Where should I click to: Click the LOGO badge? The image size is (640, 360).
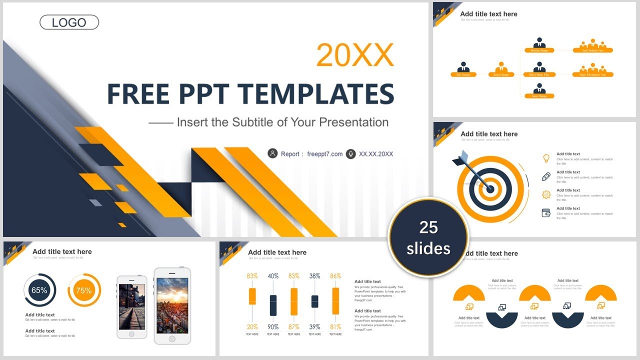click(x=69, y=22)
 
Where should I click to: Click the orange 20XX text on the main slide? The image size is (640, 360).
click(x=355, y=54)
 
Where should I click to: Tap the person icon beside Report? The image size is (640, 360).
click(x=272, y=153)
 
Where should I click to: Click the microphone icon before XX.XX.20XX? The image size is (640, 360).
click(x=350, y=153)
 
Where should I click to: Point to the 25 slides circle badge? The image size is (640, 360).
click(x=428, y=237)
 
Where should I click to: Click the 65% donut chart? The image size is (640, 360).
click(x=39, y=290)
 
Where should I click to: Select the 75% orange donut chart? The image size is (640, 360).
click(x=84, y=290)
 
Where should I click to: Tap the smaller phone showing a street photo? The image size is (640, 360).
click(x=132, y=306)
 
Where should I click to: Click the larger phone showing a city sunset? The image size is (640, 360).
click(x=172, y=305)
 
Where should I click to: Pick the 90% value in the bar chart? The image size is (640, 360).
click(x=273, y=327)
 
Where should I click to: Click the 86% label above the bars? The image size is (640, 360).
click(x=335, y=276)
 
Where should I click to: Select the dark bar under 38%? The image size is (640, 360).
click(x=314, y=301)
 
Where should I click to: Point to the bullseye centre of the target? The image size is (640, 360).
click(x=490, y=189)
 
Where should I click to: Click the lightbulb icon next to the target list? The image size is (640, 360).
click(x=546, y=158)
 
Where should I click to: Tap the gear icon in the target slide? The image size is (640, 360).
click(x=546, y=194)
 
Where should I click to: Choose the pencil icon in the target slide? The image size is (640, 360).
click(x=546, y=176)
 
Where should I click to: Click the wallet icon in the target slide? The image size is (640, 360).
click(x=546, y=213)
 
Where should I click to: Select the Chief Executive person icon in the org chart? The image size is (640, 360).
click(x=463, y=67)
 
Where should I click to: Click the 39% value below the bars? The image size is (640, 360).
click(x=314, y=327)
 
